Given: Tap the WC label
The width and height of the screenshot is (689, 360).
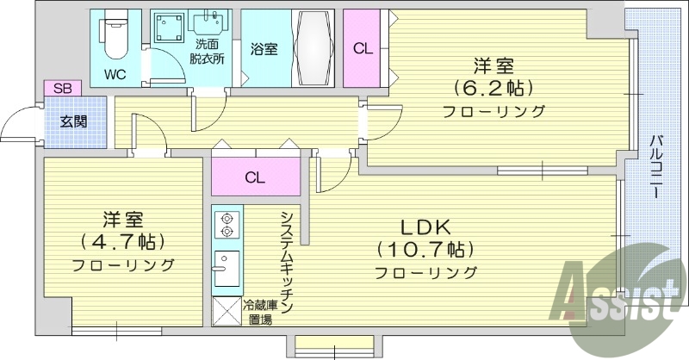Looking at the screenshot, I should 116,74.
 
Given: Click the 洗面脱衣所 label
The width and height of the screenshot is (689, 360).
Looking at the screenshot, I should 207,52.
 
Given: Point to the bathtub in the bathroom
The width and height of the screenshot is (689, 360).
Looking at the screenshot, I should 313,48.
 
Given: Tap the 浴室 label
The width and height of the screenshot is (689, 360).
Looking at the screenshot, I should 264,50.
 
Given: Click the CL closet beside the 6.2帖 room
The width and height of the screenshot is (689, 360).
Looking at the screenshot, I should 363,49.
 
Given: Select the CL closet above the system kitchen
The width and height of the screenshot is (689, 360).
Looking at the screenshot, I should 254,178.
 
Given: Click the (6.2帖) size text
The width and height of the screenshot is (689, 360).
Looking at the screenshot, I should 494,88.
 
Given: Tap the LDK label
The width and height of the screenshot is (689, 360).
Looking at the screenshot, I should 425,227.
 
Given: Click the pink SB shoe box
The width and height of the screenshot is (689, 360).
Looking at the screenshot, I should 63,88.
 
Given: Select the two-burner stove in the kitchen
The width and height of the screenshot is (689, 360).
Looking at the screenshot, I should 227,225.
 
